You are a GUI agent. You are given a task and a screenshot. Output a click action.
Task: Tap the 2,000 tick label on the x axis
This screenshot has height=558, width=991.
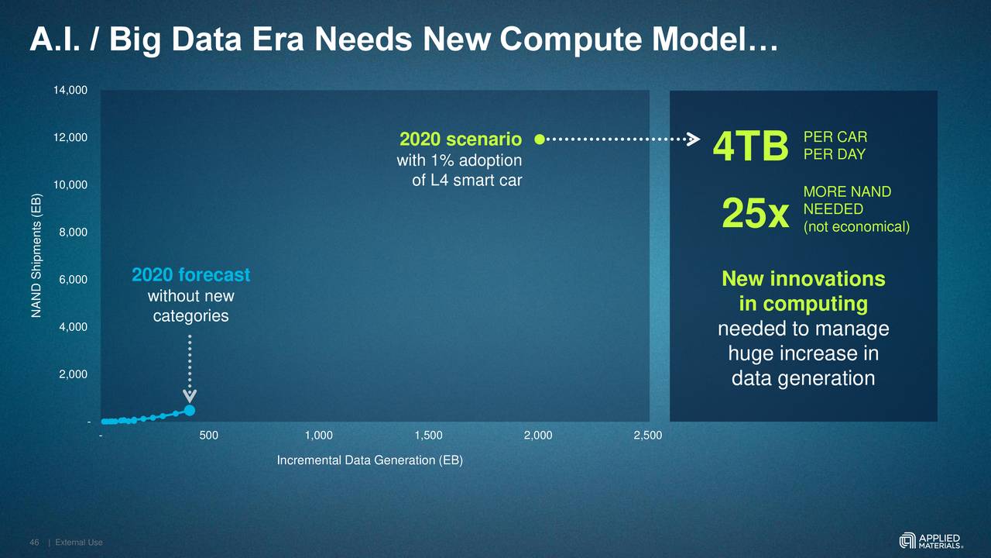[537, 436]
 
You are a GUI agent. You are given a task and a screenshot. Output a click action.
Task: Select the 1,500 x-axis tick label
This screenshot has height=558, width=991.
[428, 436]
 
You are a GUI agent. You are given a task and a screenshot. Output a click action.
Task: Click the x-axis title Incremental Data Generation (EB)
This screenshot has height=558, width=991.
[369, 460]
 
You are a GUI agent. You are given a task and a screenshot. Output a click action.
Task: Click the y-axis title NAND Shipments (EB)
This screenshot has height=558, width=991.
[36, 255]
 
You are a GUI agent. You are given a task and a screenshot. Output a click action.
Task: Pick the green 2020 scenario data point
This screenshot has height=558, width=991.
[540, 139]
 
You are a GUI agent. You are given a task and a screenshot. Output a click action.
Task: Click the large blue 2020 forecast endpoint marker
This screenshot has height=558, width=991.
[190, 410]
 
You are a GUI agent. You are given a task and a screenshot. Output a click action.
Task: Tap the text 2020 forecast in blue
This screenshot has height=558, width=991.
[190, 275]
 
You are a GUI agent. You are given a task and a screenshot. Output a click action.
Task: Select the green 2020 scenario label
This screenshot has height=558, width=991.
[460, 139]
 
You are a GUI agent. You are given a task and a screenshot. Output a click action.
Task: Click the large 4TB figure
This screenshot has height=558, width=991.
[750, 147]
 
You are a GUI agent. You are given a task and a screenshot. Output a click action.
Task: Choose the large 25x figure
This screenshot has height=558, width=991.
[755, 214]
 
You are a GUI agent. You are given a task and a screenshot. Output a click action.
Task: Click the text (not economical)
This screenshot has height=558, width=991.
[856, 227]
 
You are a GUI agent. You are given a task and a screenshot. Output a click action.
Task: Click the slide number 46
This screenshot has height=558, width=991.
[34, 542]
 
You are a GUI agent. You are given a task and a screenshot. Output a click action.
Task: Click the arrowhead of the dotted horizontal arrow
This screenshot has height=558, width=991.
[694, 139]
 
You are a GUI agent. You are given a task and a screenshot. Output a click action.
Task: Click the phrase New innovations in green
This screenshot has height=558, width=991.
[803, 279]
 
